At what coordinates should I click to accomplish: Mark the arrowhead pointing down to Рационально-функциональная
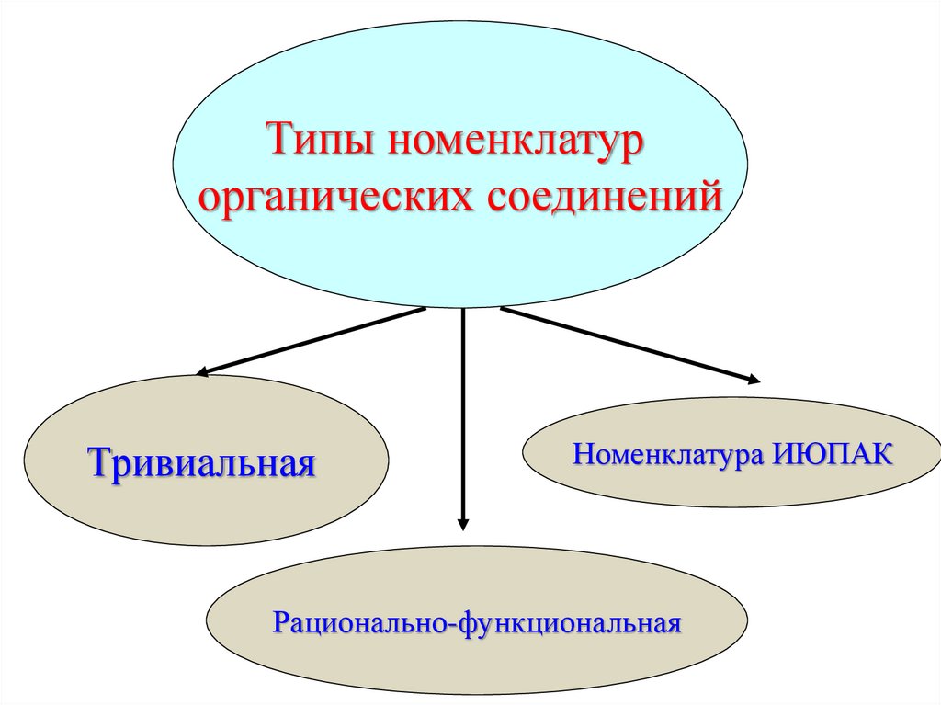463,523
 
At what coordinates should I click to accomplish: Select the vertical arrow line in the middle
463,414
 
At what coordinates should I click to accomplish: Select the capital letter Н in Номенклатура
584,454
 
